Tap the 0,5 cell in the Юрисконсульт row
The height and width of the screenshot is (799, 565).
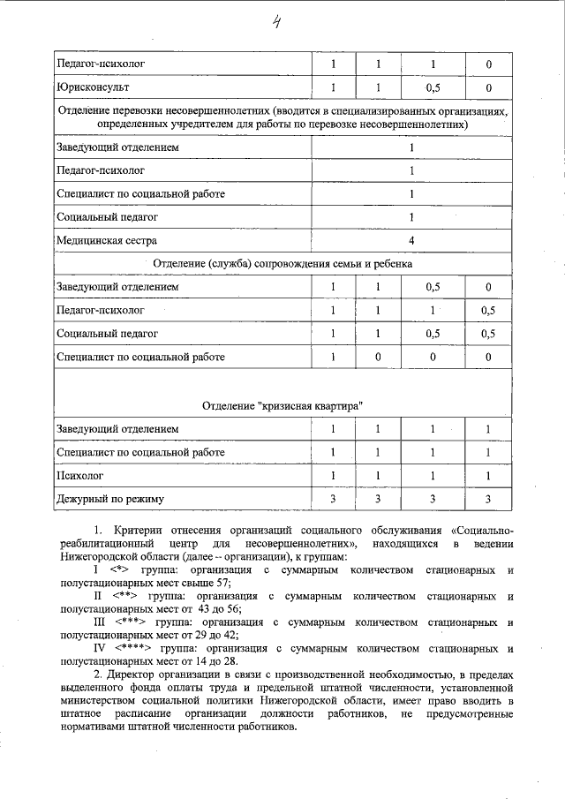coord(433,88)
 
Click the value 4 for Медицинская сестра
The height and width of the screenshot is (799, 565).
coord(411,239)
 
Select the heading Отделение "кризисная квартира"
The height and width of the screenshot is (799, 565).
coord(282,405)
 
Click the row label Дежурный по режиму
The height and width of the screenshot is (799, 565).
coord(110,500)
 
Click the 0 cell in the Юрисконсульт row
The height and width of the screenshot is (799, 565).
coord(488,88)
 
